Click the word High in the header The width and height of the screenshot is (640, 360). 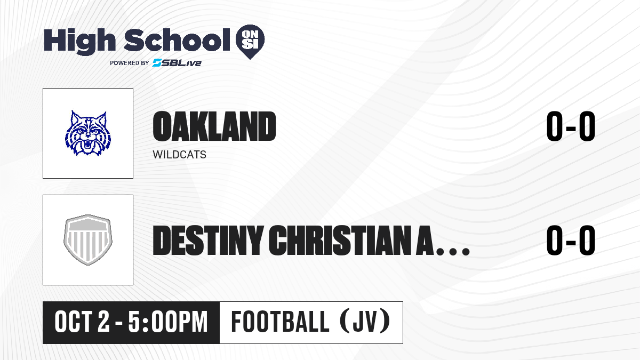click(x=79, y=42)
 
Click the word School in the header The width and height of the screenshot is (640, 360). click(x=177, y=41)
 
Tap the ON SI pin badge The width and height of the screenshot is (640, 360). click(x=250, y=42)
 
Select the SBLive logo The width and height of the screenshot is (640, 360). click(x=177, y=62)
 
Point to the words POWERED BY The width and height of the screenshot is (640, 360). click(x=130, y=63)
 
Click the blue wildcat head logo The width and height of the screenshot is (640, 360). click(x=88, y=133)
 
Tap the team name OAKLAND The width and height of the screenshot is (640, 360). click(x=214, y=126)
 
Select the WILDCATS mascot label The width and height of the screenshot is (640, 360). click(x=179, y=155)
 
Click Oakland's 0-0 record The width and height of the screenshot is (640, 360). click(x=571, y=126)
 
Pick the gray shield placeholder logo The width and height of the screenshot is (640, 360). click(x=88, y=240)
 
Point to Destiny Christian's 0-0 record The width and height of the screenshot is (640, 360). click(x=571, y=240)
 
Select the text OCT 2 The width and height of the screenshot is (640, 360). click(x=82, y=322)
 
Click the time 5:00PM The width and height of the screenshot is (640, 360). click(x=167, y=322)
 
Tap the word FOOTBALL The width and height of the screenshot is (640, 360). click(x=280, y=322)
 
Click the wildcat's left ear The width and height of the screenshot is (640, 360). click(x=75, y=118)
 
